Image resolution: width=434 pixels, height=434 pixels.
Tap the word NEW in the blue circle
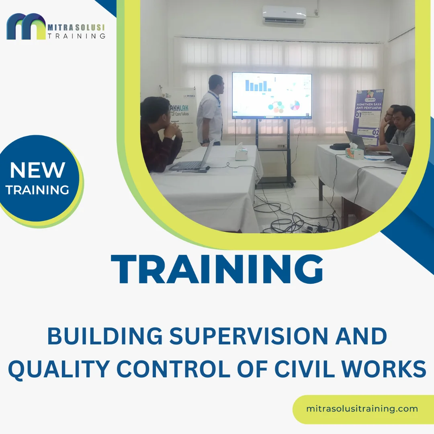pos(37,170)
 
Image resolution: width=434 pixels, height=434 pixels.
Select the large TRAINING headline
pos(217,269)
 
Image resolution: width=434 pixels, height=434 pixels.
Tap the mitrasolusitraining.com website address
pos(362,409)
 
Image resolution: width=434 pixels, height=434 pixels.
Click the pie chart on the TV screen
pos(295,106)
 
